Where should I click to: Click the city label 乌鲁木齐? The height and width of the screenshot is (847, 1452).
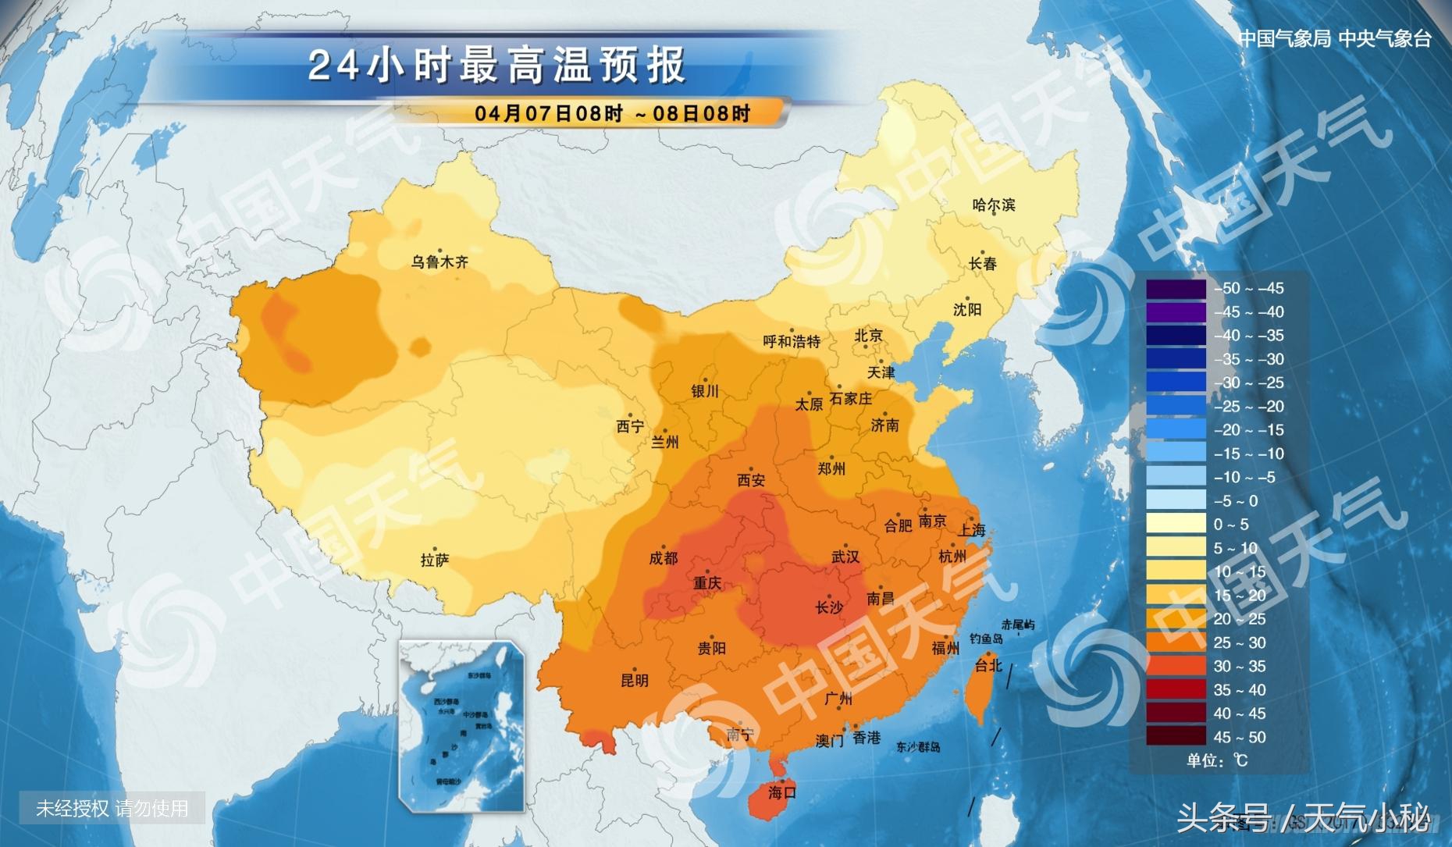point(440,262)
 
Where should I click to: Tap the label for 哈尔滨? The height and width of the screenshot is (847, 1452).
point(993,205)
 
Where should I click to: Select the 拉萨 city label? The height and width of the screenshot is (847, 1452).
point(435,560)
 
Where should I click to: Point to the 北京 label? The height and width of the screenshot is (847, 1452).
point(868,336)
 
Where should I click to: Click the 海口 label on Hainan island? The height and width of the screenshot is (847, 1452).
point(781,792)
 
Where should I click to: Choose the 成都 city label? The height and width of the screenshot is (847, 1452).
point(663,558)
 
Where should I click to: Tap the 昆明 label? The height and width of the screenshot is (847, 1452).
point(634,680)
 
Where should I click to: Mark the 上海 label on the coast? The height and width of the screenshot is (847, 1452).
point(972,530)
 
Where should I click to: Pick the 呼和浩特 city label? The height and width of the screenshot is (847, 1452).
point(792,342)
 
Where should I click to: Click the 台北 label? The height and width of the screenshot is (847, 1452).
point(988,665)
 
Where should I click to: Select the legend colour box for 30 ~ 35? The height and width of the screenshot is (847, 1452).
point(1176,666)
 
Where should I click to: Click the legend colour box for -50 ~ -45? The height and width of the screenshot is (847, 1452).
point(1176,288)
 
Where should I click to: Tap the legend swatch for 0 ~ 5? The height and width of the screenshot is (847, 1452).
point(1176,524)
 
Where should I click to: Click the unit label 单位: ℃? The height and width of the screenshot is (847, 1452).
point(1217,760)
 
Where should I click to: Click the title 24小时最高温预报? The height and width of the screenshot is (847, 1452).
point(497,66)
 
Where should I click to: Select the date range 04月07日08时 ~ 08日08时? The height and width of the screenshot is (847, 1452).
point(612,114)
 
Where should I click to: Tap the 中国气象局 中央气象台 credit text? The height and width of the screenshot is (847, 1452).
point(1335,39)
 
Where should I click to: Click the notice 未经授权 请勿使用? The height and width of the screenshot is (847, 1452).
point(112,809)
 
